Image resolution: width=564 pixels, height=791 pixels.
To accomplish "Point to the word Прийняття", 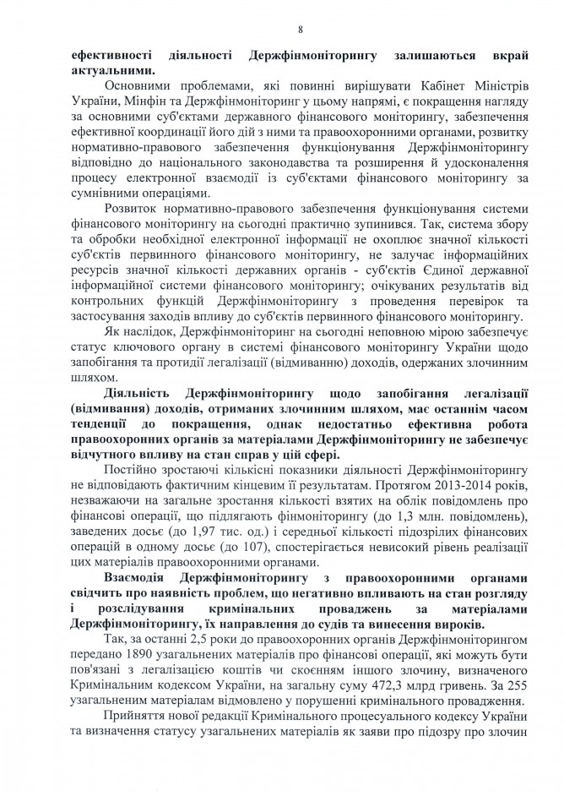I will click(x=139, y=717).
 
